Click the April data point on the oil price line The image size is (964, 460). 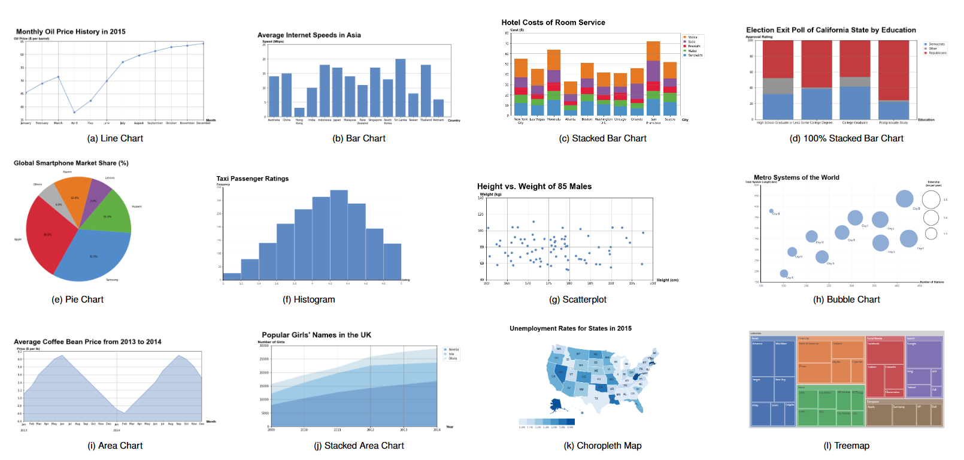(x=74, y=112)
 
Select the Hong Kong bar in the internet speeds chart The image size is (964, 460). (x=299, y=112)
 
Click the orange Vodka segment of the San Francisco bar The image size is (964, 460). (x=653, y=51)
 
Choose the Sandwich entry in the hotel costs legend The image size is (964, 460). (x=695, y=55)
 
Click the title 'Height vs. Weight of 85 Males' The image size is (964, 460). (x=534, y=186)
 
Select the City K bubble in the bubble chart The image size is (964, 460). (x=784, y=274)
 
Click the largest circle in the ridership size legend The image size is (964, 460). (x=931, y=200)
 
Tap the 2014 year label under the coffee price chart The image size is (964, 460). (x=117, y=430)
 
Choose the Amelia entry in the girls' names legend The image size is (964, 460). (x=453, y=349)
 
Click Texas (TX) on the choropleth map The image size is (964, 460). (x=596, y=398)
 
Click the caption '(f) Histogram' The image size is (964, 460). (x=309, y=299)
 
